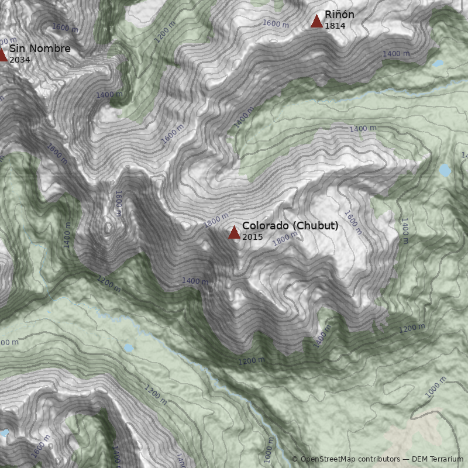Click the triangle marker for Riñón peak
click(316, 22)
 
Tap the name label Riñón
click(339, 15)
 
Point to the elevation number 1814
click(334, 26)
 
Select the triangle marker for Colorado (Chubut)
click(234, 232)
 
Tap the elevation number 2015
click(252, 237)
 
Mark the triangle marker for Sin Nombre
click(2, 55)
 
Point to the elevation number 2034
click(19, 60)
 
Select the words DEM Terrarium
click(438, 459)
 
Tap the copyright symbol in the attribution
click(295, 459)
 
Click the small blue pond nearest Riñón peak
click(438, 63)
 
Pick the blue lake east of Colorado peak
click(445, 170)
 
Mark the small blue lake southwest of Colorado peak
click(128, 347)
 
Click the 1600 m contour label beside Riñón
click(276, 24)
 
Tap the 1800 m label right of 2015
click(285, 239)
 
